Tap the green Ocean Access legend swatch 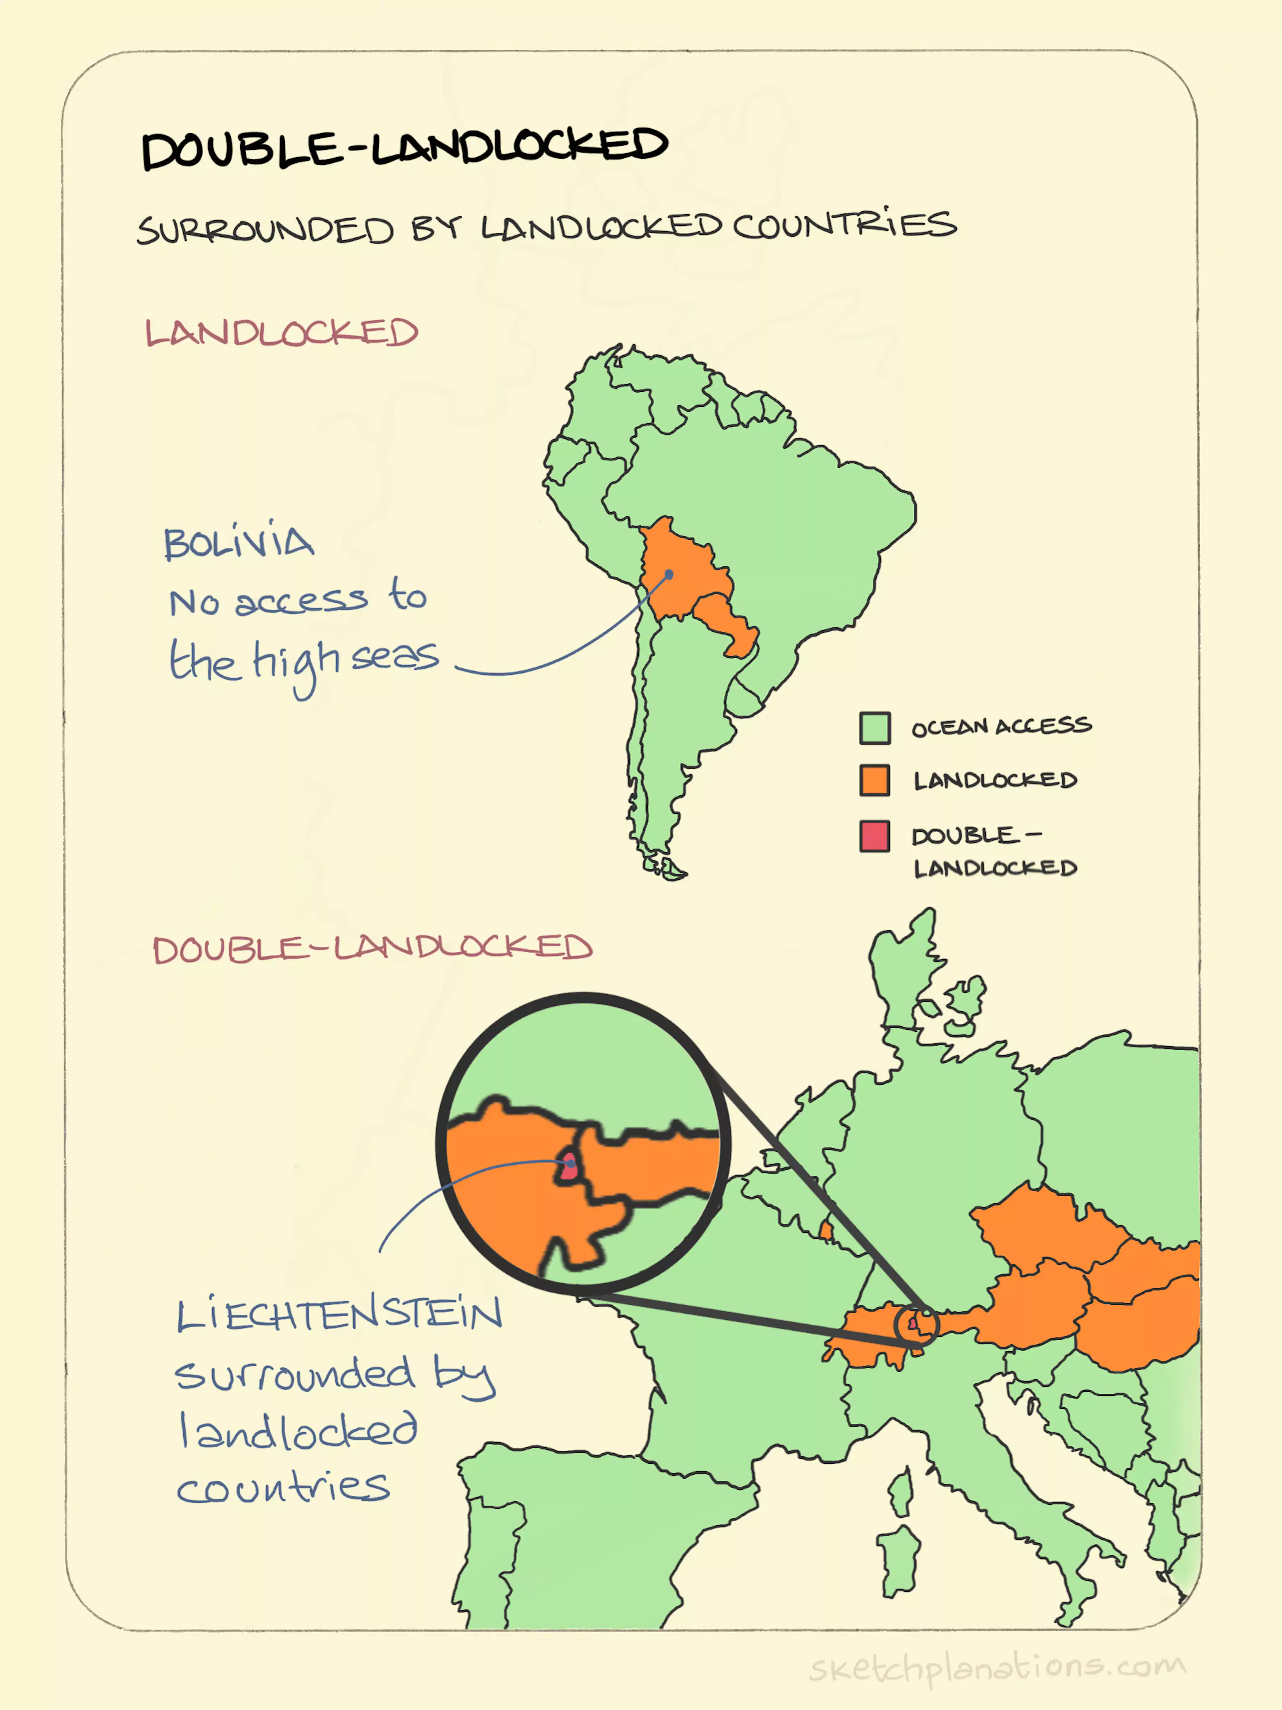pyautogui.click(x=874, y=728)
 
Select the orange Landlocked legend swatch pyautogui.click(x=874, y=780)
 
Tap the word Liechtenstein pyautogui.click(x=339, y=1314)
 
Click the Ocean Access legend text pyautogui.click(x=1001, y=727)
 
